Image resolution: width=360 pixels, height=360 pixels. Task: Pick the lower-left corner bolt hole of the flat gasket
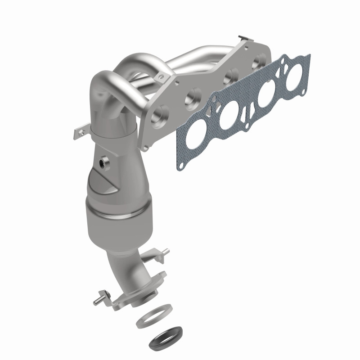[180, 167]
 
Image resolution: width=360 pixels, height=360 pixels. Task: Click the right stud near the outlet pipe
[165, 252]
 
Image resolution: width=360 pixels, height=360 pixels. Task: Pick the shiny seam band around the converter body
[118, 211]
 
